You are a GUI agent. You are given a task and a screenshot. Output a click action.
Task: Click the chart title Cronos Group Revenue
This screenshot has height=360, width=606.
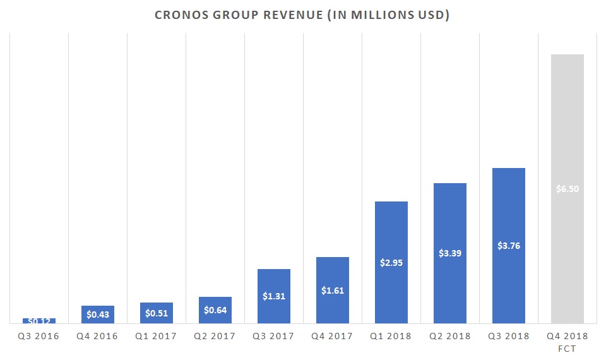303,15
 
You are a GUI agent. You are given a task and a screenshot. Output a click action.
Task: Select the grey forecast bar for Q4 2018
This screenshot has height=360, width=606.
567,126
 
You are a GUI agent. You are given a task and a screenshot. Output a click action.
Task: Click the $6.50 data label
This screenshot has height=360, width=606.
567,189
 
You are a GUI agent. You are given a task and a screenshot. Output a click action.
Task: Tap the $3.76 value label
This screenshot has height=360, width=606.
509,246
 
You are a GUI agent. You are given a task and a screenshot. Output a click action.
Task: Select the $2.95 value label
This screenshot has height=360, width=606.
391,262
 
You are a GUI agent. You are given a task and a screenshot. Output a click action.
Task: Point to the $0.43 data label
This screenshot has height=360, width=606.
98,314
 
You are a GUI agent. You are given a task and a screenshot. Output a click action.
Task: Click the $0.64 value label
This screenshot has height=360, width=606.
215,310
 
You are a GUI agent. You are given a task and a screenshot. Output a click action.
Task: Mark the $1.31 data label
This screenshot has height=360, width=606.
274,296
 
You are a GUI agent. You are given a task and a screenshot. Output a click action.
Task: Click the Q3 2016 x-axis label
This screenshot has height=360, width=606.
39,337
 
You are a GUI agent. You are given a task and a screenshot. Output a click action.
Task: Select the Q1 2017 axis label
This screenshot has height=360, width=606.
157,337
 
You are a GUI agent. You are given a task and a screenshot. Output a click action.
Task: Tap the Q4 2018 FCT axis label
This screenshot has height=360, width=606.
567,341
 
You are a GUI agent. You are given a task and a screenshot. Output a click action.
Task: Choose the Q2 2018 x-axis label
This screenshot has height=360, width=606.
450,337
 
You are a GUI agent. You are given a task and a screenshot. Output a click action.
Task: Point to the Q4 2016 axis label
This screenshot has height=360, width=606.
98,337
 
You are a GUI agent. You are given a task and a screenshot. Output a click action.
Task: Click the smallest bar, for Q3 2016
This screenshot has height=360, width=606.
39,321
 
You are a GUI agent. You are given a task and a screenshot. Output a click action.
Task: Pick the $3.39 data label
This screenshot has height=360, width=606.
450,253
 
